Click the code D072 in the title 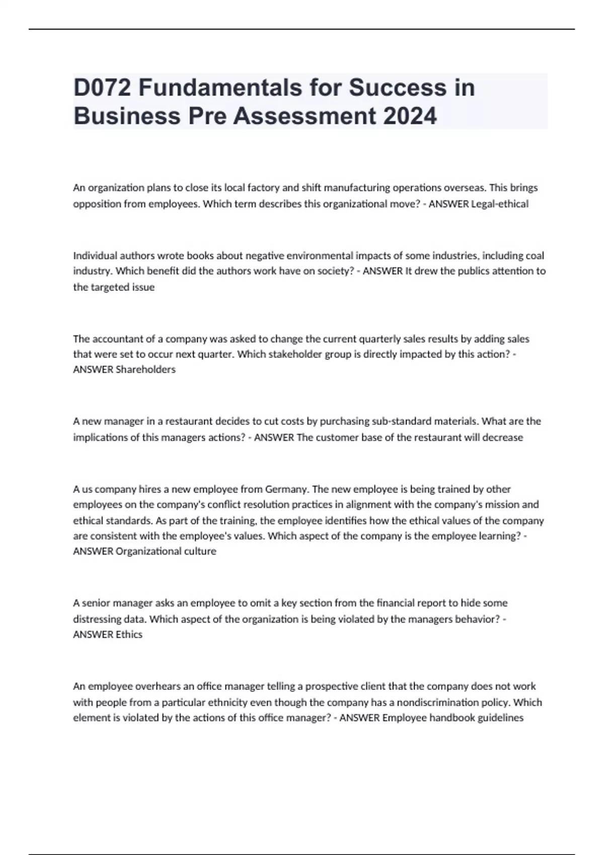tap(102, 88)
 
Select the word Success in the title tap(398, 88)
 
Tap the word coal tap(535, 255)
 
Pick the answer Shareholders tap(145, 369)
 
